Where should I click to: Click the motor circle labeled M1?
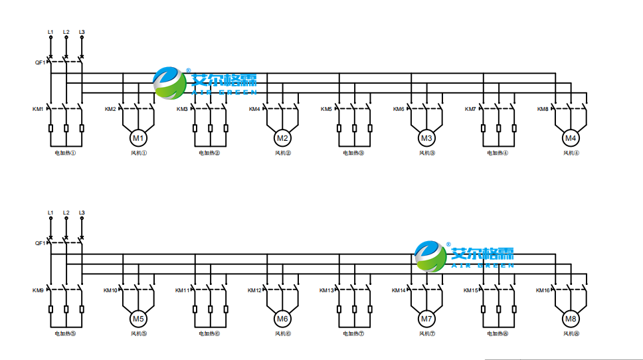click(x=138, y=138)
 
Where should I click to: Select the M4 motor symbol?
click(x=570, y=138)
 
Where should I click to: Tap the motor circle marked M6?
click(x=282, y=319)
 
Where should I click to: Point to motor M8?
click(x=570, y=319)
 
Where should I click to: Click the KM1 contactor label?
click(x=38, y=109)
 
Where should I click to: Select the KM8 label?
click(x=543, y=109)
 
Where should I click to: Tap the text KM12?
click(x=254, y=290)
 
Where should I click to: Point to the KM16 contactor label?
click(x=543, y=290)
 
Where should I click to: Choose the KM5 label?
click(x=326, y=109)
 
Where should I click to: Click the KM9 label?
click(x=38, y=290)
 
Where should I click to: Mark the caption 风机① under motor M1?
click(x=138, y=153)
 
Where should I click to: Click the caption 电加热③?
click(x=353, y=153)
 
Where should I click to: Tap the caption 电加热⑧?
click(x=498, y=333)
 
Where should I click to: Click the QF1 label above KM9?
click(x=40, y=243)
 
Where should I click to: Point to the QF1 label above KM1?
click(x=40, y=62)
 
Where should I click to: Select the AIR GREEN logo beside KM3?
click(x=204, y=82)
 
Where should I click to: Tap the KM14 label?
click(x=399, y=290)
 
